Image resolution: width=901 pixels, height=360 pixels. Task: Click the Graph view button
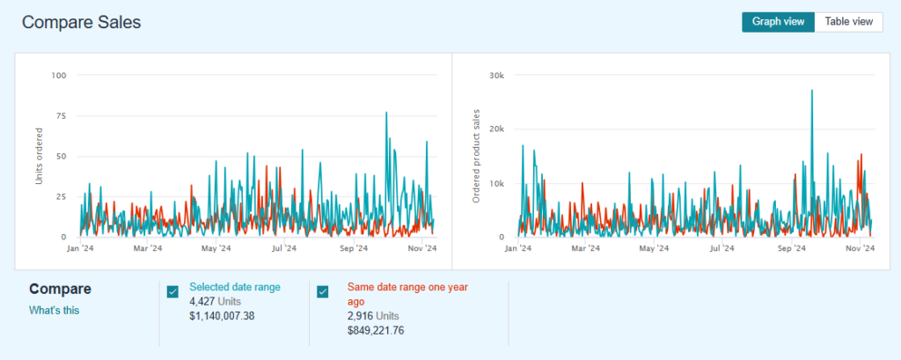coord(778,22)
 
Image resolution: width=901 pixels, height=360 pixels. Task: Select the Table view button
coord(848,22)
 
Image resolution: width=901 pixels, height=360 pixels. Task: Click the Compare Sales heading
coord(81,22)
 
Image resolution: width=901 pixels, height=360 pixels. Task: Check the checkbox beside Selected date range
coord(172,292)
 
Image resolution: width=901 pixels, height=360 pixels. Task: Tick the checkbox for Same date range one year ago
coord(323,292)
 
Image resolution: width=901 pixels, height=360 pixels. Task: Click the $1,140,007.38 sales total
coord(222,316)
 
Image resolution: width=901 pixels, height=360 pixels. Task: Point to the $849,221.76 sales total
coord(376,330)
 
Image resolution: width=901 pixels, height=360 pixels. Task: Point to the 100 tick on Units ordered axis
coord(59,75)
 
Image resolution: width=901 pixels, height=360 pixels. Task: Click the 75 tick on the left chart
coord(61,115)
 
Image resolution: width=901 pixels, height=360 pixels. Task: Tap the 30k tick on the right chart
coord(495,75)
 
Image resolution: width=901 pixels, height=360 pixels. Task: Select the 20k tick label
coord(495,129)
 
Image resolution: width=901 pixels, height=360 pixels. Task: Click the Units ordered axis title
coord(38,156)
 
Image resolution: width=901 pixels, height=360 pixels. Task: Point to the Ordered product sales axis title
coord(476,156)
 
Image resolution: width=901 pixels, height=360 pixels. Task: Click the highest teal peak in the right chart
coord(811,91)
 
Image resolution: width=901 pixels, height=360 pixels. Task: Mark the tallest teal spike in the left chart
coord(386,113)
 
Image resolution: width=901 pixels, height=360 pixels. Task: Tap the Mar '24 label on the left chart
coord(147,249)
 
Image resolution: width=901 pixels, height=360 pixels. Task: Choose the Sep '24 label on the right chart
coord(792,249)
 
